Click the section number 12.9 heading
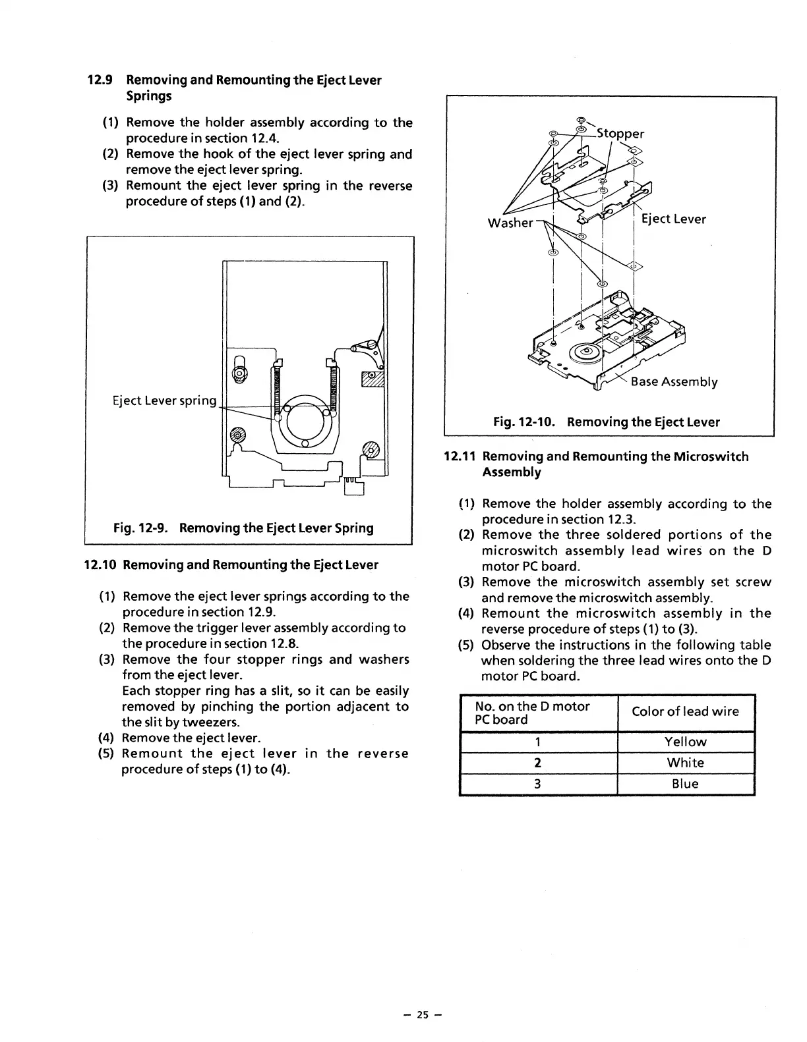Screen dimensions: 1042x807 click(x=100, y=80)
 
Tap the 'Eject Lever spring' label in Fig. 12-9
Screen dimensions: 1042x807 click(x=164, y=400)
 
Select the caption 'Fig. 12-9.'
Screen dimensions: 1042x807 click(x=142, y=528)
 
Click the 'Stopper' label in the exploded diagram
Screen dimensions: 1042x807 click(x=620, y=134)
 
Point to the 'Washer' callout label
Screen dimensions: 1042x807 click(x=510, y=223)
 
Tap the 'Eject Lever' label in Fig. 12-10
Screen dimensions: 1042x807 click(x=673, y=219)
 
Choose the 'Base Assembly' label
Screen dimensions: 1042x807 click(x=674, y=381)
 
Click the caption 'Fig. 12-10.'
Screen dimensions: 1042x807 click(x=525, y=422)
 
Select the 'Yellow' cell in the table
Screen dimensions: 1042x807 click(x=685, y=742)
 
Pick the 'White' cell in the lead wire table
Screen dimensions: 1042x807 click(x=685, y=763)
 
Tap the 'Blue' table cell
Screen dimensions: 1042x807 click(x=685, y=784)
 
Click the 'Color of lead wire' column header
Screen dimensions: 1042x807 click(x=685, y=711)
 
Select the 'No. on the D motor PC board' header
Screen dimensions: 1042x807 click(x=532, y=713)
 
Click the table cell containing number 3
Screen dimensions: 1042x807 click(x=538, y=784)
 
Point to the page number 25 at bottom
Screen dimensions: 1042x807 click(x=422, y=1015)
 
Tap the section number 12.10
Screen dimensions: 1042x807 click(x=101, y=564)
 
